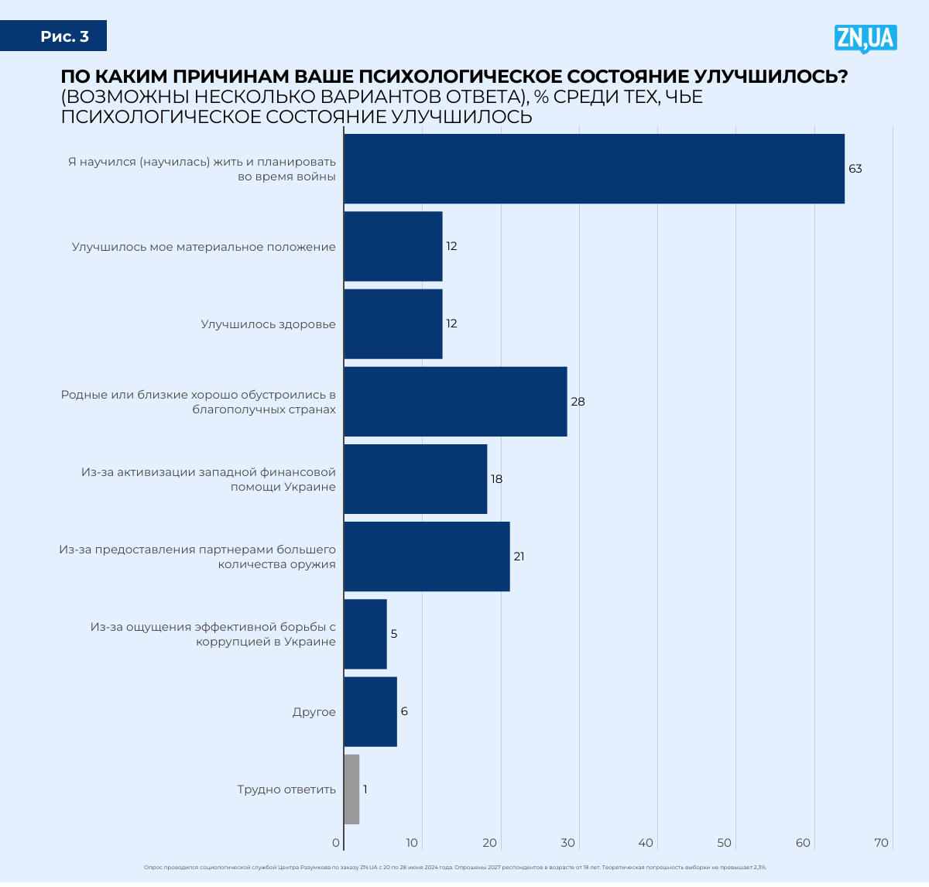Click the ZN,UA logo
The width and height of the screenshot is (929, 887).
pyautogui.click(x=865, y=38)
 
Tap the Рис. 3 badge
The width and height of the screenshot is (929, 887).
pyautogui.click(x=65, y=36)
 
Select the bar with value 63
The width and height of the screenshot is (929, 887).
pyautogui.click(x=594, y=169)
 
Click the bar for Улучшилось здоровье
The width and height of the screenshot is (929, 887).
pyautogui.click(x=393, y=324)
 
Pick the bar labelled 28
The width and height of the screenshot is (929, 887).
pyautogui.click(x=455, y=402)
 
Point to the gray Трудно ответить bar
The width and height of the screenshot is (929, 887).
pyautogui.click(x=351, y=789)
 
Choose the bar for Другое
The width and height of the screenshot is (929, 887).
pyautogui.click(x=370, y=712)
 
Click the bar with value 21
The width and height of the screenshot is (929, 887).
pyautogui.click(x=427, y=557)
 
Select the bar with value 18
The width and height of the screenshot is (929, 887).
pyautogui.click(x=416, y=479)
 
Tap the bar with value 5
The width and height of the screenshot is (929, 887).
pyautogui.click(x=365, y=634)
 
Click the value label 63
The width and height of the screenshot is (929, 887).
pyautogui.click(x=855, y=169)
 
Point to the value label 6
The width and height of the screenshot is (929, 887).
pyautogui.click(x=404, y=711)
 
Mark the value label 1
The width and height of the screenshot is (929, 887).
pyautogui.click(x=365, y=789)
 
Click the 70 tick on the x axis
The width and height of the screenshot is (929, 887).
pyautogui.click(x=882, y=843)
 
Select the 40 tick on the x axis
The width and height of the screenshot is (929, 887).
pyautogui.click(x=646, y=843)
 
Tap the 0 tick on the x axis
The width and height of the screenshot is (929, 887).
pyautogui.click(x=336, y=843)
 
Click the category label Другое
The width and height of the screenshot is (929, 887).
pyautogui.click(x=314, y=712)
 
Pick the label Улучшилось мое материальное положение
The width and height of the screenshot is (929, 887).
pyautogui.click(x=204, y=247)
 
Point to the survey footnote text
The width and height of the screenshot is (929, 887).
pyautogui.click(x=455, y=868)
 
